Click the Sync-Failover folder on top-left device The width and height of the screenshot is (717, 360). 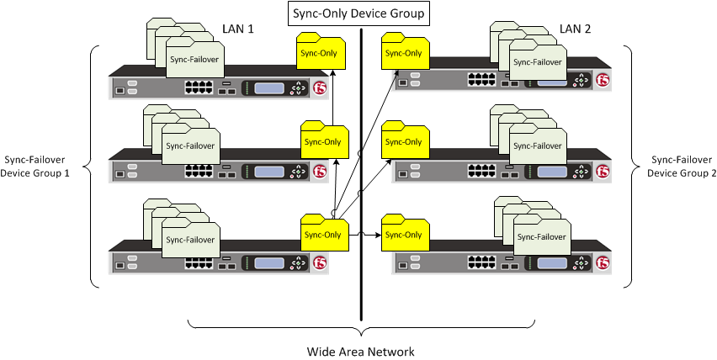(194, 61)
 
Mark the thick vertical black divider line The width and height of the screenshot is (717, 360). (362, 168)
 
